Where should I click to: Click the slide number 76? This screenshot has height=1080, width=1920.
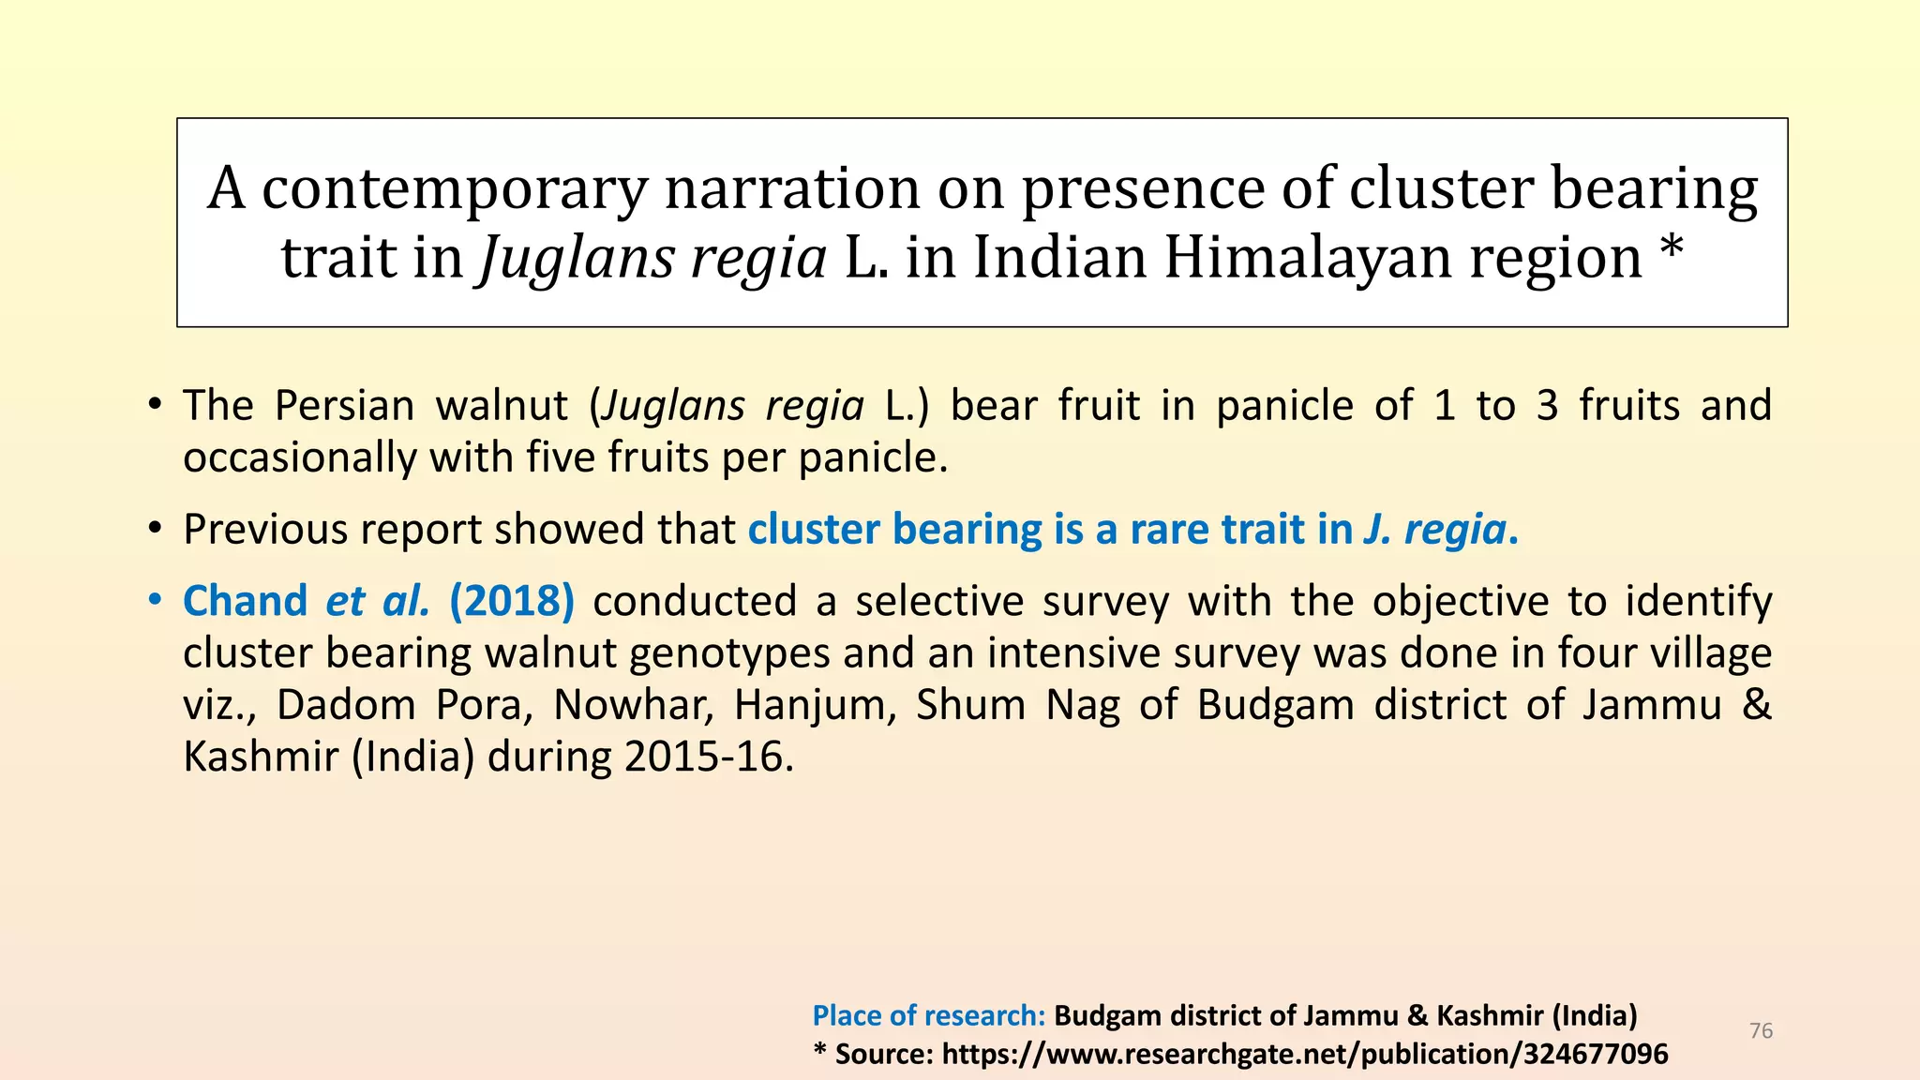coord(1762,1031)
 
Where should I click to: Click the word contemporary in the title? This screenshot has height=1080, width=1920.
coord(455,189)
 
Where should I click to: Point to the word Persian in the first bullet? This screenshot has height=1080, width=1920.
coord(344,406)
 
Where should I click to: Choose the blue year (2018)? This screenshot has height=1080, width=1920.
coord(512,601)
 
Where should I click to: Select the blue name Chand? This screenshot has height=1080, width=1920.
coord(246,601)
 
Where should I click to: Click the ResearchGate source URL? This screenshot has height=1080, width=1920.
coord(1305,1055)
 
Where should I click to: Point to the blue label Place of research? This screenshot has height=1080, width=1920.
coord(929,1015)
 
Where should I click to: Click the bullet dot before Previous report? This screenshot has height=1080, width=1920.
coord(156,531)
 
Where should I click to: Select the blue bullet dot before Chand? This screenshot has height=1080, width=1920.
coord(156,601)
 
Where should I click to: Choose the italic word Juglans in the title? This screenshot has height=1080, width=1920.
coord(577,260)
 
